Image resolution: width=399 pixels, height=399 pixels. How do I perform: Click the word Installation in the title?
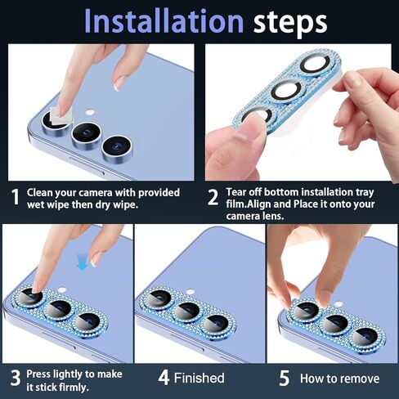click(164, 21)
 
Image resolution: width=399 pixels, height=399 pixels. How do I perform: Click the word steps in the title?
click(290, 23)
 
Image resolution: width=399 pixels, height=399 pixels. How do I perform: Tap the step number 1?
click(16, 197)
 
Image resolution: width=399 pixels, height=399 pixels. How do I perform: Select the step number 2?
click(213, 197)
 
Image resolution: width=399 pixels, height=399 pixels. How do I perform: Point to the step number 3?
click(16, 378)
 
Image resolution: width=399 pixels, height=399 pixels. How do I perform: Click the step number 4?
click(164, 378)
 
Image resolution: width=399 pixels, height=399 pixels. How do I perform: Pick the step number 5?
click(284, 378)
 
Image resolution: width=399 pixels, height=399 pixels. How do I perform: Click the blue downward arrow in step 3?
click(83, 262)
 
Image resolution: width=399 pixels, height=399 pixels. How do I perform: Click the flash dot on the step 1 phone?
click(89, 112)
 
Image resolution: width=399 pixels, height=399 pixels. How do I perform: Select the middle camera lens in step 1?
click(87, 135)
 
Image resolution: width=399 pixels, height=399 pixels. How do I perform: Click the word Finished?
click(199, 378)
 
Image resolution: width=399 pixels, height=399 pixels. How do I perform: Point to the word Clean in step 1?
click(40, 192)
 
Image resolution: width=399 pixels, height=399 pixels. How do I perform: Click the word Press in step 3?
click(38, 374)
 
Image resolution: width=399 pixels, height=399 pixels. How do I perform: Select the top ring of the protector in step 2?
click(316, 65)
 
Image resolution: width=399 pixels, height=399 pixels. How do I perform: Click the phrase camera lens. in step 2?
click(255, 216)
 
